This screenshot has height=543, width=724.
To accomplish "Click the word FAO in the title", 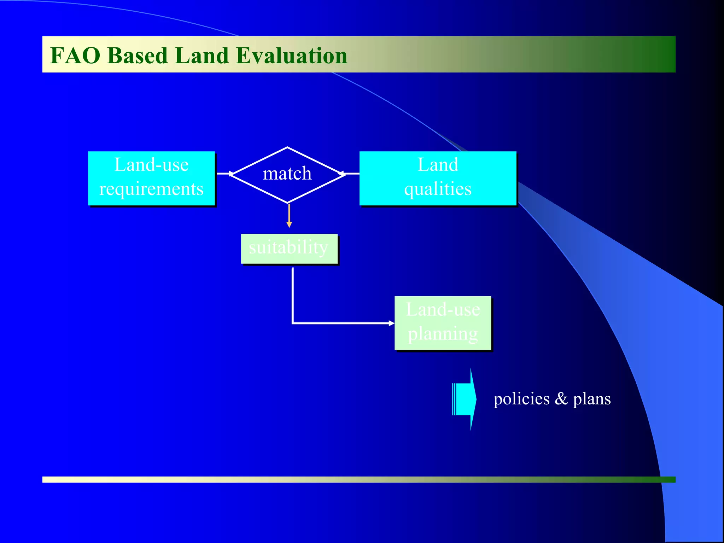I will pos(75,56).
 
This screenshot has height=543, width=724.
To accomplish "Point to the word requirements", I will pos(151,189).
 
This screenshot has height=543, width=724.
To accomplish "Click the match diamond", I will pos(287,174).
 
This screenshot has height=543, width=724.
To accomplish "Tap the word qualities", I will pos(438,189).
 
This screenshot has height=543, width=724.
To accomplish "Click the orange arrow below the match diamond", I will pos(289,216).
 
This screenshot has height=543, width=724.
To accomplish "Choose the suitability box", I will pos(289,248).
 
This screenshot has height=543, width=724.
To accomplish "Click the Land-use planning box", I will pos(443,323).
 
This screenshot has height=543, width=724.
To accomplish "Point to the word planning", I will pos(443,334).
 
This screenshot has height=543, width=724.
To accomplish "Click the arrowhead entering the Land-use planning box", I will pos(391,323).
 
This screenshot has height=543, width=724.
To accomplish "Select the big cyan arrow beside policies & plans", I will pos(465,399).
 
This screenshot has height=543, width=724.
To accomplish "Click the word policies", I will pos(521,399).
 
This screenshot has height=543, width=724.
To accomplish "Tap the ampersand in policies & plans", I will pos(561,399).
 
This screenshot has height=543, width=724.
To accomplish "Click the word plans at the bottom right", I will pos(591,399).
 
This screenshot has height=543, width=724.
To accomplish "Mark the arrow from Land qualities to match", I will pos(350,174).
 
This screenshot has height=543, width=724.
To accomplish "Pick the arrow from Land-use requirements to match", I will pos(224,174).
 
